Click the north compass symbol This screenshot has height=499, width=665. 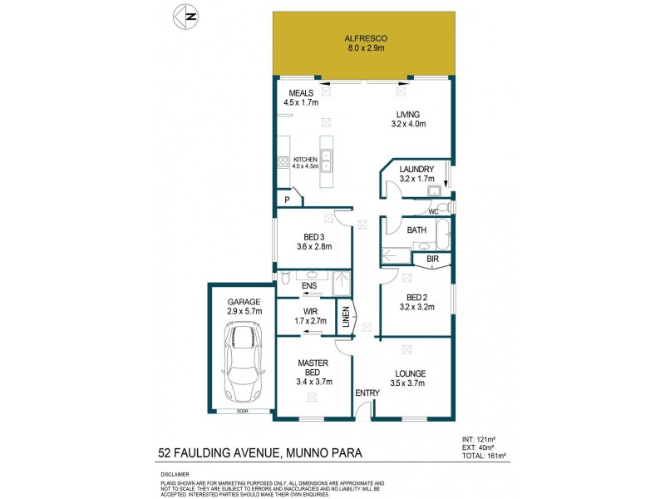point(186,16)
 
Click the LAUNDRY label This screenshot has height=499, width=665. point(416,169)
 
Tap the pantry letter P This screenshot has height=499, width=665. point(287,200)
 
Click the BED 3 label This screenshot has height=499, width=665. point(313,236)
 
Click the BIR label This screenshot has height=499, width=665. point(432,259)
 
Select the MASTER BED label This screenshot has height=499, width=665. point(313,367)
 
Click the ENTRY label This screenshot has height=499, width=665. point(367,393)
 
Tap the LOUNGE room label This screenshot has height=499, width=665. point(411,373)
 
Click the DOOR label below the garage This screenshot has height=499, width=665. point(243,411)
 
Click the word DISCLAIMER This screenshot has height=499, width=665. point(175,473)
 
